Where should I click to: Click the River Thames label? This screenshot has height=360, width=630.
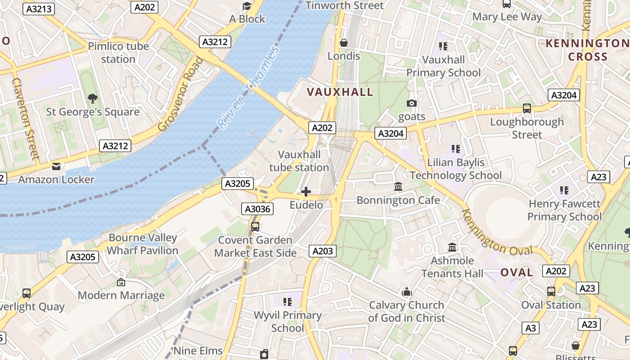pyautogui.click(x=248, y=87)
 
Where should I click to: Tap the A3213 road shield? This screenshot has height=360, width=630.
pyautogui.click(x=39, y=8)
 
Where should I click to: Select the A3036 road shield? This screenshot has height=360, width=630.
pyautogui.click(x=257, y=209)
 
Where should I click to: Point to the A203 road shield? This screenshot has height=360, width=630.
pyautogui.click(x=323, y=251)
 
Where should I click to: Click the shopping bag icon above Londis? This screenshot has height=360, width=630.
pyautogui.click(x=344, y=43)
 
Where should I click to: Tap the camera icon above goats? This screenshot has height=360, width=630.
pyautogui.click(x=411, y=103)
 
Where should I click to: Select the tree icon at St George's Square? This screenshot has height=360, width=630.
pyautogui.click(x=93, y=98)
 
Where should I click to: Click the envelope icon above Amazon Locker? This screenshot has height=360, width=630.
pyautogui.click(x=56, y=166)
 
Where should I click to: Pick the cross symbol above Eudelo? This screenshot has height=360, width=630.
pyautogui.click(x=306, y=192)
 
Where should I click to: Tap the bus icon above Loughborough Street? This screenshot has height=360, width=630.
pyautogui.click(x=527, y=108)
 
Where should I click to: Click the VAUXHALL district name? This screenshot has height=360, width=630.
pyautogui.click(x=340, y=92)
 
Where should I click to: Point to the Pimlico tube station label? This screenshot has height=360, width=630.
pyautogui.click(x=118, y=53)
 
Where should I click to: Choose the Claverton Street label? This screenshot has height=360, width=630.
pyautogui.click(x=26, y=119)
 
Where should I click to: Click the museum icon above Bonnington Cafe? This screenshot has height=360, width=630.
pyautogui.click(x=398, y=186)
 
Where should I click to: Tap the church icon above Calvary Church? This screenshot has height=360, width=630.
pyautogui.click(x=407, y=292)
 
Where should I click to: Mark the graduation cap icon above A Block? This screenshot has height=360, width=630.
pyautogui.click(x=247, y=6)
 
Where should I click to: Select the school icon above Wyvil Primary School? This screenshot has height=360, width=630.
pyautogui.click(x=288, y=302)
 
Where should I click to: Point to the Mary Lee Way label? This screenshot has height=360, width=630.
pyautogui.click(x=507, y=17)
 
